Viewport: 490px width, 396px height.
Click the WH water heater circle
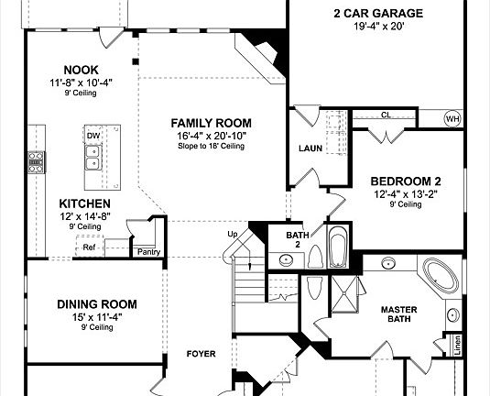tap(452, 119)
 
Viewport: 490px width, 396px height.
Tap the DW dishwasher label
tap(93, 136)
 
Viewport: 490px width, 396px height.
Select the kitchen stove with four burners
tap(37, 162)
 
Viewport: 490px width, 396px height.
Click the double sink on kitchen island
tap(93, 158)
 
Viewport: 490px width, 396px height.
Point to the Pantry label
tap(148, 252)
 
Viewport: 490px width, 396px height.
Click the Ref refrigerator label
tap(89, 247)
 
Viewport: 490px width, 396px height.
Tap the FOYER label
tap(201, 354)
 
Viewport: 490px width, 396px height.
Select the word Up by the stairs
tap(233, 235)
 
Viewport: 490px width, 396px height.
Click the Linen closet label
tap(457, 346)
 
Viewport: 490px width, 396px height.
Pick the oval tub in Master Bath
tap(441, 276)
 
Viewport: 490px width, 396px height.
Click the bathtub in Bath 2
tap(339, 247)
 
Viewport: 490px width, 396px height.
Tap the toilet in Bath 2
tap(316, 257)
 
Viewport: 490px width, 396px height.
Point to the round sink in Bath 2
tap(286, 259)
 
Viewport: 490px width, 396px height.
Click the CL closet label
tap(386, 115)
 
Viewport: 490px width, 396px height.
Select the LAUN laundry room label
tap(310, 148)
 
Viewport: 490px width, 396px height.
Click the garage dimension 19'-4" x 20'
tap(379, 27)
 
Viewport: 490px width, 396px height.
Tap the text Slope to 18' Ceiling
tap(212, 146)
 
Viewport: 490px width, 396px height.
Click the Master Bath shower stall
tap(344, 294)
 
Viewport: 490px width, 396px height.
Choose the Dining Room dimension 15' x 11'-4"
tap(97, 317)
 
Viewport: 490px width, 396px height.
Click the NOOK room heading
tap(81, 70)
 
